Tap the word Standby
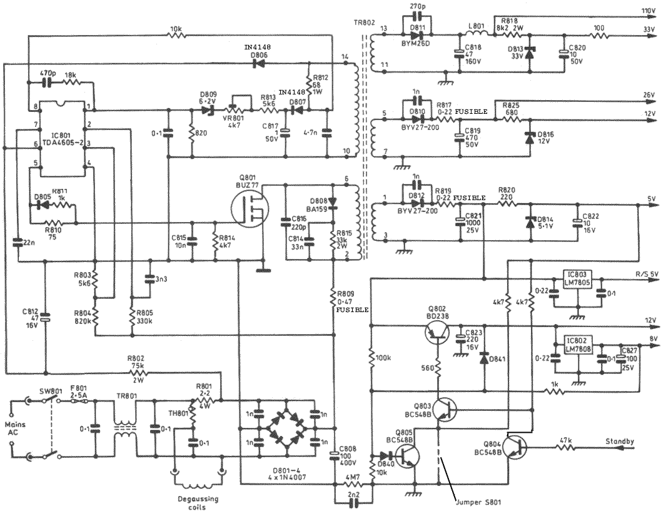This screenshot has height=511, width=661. [619, 442]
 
